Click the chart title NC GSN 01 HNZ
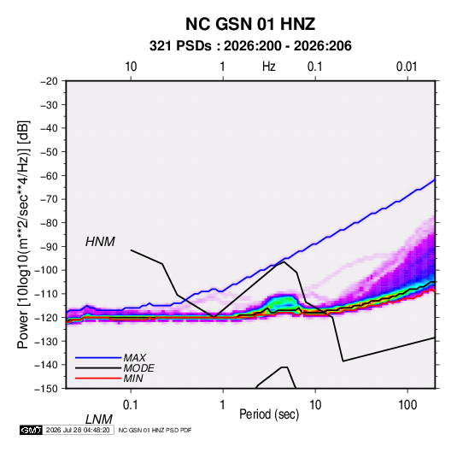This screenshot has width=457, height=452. pyautogui.click(x=250, y=24)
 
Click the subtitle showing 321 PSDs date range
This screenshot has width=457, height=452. pyautogui.click(x=250, y=46)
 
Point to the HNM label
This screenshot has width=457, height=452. pyautogui.click(x=100, y=242)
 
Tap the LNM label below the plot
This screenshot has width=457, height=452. pyautogui.click(x=99, y=420)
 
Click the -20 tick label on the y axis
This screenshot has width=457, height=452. pyautogui.click(x=49, y=81)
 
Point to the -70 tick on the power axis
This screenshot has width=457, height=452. pyautogui.click(x=49, y=199)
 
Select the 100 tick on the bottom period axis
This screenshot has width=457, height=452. pyautogui.click(x=407, y=405)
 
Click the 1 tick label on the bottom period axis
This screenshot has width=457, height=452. pyautogui.click(x=223, y=405)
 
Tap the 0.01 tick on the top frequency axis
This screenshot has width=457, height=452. pyautogui.click(x=407, y=67)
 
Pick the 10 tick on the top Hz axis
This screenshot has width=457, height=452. pyautogui.click(x=131, y=67)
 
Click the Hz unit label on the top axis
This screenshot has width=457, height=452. pyautogui.click(x=269, y=67)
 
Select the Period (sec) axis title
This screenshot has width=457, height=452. pyautogui.click(x=269, y=414)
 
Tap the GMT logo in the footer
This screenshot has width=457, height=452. pyautogui.click(x=31, y=430)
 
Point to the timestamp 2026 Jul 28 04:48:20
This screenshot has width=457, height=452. pyautogui.click(x=78, y=430)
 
